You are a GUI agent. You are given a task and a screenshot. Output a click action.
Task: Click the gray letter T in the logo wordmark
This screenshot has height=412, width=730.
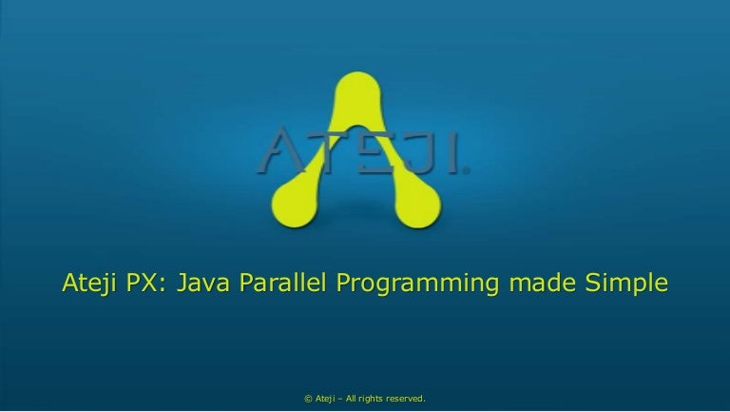[x=318, y=153]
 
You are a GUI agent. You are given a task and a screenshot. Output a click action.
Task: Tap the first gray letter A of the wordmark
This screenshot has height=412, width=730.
[x=276, y=153]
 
